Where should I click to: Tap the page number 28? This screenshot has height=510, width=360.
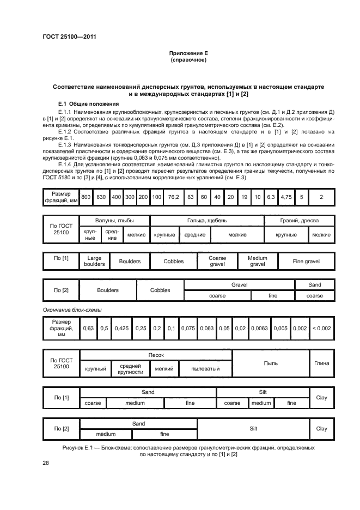pos(46,463)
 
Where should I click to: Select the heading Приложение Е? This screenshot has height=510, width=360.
pos(188,53)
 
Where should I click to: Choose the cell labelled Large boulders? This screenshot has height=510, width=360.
pos(94,262)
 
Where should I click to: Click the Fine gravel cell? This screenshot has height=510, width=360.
pos(306,262)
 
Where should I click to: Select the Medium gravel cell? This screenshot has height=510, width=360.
pos(257,262)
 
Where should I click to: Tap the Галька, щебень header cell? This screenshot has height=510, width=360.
pos(207,221)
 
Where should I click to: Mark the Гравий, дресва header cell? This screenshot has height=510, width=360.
pos(299,221)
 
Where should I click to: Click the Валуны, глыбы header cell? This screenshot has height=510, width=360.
pos(114,221)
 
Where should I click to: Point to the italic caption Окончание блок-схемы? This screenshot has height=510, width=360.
pos(72,310)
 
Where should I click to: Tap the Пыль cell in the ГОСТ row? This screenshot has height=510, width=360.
pos(271,363)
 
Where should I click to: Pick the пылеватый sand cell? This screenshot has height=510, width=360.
pos(205,369)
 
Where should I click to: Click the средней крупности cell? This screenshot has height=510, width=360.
pos(131,369)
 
